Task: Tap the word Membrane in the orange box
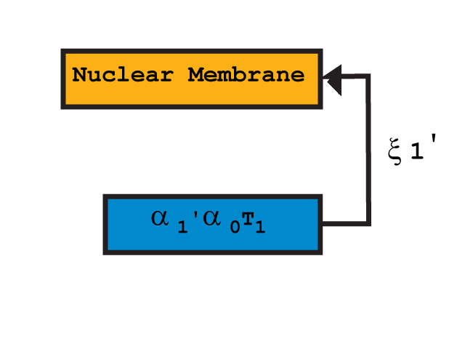click(x=246, y=75)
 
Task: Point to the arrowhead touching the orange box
click(x=333, y=77)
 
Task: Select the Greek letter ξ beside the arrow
click(x=395, y=153)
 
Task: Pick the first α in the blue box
click(x=161, y=218)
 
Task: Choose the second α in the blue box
click(x=212, y=218)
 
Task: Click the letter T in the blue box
click(x=248, y=221)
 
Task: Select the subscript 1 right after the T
click(x=259, y=228)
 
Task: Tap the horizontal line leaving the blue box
click(x=344, y=223)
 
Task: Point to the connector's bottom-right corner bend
click(x=368, y=223)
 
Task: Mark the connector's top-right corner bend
click(x=368, y=75)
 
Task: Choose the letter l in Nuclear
click(x=124, y=75)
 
